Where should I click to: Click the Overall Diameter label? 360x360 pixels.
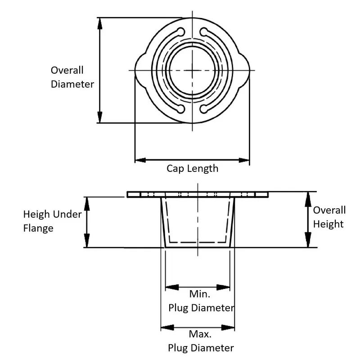[72, 77]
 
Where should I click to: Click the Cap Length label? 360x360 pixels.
[192, 169]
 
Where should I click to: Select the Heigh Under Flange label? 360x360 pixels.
[52, 221]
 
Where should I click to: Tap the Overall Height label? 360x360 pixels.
[329, 217]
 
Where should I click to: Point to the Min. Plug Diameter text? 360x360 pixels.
[201, 301]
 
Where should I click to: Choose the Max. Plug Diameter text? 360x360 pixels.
[201, 341]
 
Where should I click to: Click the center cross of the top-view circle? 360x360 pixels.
[193, 70]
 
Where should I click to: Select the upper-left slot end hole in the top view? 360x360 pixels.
[181, 31]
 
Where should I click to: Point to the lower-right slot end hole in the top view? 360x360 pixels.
[204, 108]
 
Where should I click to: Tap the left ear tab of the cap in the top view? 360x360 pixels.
[140, 70]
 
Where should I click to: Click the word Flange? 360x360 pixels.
[38, 228]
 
